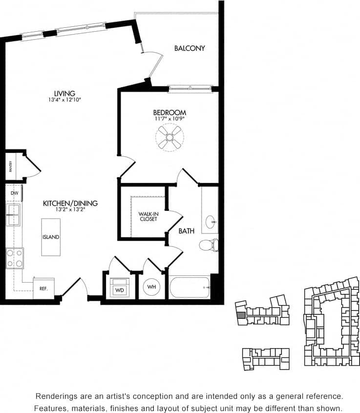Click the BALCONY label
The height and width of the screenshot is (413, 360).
coord(190,48)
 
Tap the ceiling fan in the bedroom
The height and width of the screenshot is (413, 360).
coord(169,138)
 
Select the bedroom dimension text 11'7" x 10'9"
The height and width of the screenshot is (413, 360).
coord(169,119)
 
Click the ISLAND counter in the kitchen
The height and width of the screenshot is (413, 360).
coord(50,237)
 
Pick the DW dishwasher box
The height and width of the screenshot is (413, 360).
coord(14,193)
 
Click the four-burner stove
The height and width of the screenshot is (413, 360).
coord(15,258)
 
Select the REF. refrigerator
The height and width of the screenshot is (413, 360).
coord(43,288)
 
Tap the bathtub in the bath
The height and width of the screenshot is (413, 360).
coord(190,287)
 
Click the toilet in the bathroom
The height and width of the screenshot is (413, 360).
coord(209,245)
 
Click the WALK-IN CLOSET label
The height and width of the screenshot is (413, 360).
coord(148,216)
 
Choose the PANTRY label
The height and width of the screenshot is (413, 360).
coord(10,166)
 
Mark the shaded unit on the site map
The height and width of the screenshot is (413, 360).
coord(241,315)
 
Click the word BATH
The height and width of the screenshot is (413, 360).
coord(186,231)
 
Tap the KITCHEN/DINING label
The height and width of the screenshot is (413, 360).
coord(70,204)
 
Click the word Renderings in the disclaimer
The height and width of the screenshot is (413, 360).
coord(57,396)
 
